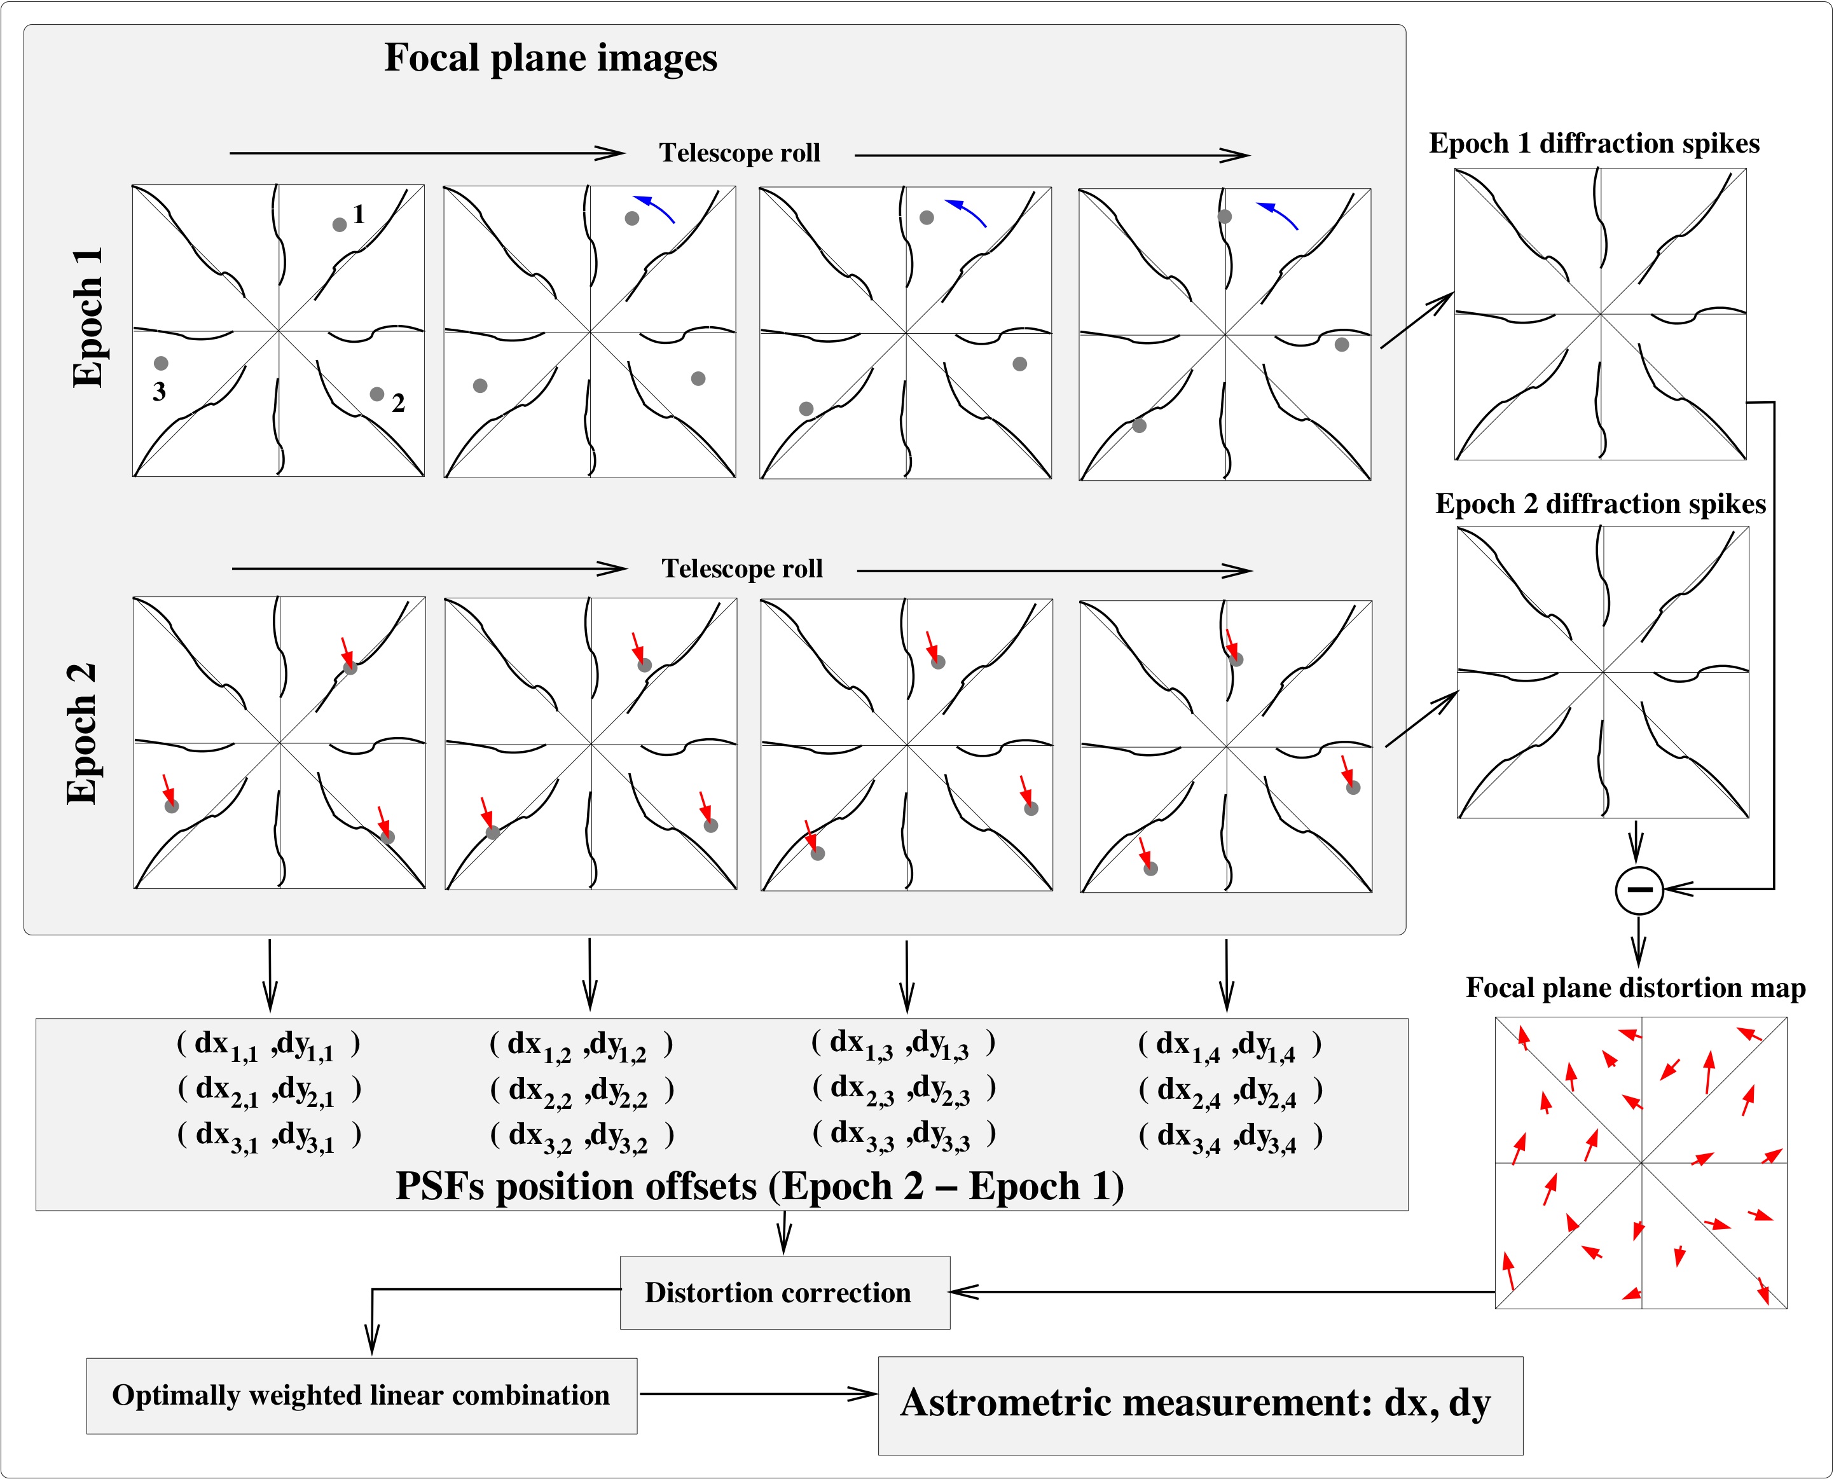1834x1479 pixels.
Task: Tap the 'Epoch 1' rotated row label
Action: click(x=88, y=318)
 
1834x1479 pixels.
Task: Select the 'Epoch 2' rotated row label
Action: click(x=82, y=734)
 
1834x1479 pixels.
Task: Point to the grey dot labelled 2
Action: click(x=376, y=394)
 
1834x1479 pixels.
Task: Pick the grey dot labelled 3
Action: click(x=161, y=363)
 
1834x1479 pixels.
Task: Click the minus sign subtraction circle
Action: click(x=1639, y=890)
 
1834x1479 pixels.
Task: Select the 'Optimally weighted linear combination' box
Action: click(x=361, y=1396)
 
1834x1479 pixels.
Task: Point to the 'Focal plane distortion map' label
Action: click(x=1636, y=987)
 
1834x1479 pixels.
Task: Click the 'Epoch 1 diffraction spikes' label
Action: click(x=1594, y=143)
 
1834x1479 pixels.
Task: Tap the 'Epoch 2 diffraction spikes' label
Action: click(x=1600, y=504)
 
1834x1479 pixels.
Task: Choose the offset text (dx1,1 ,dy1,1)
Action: click(x=268, y=1045)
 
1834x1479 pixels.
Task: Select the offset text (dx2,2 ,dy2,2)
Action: click(x=582, y=1090)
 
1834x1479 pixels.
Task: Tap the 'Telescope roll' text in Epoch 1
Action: click(x=740, y=153)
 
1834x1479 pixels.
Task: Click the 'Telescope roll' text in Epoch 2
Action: click(x=742, y=568)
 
